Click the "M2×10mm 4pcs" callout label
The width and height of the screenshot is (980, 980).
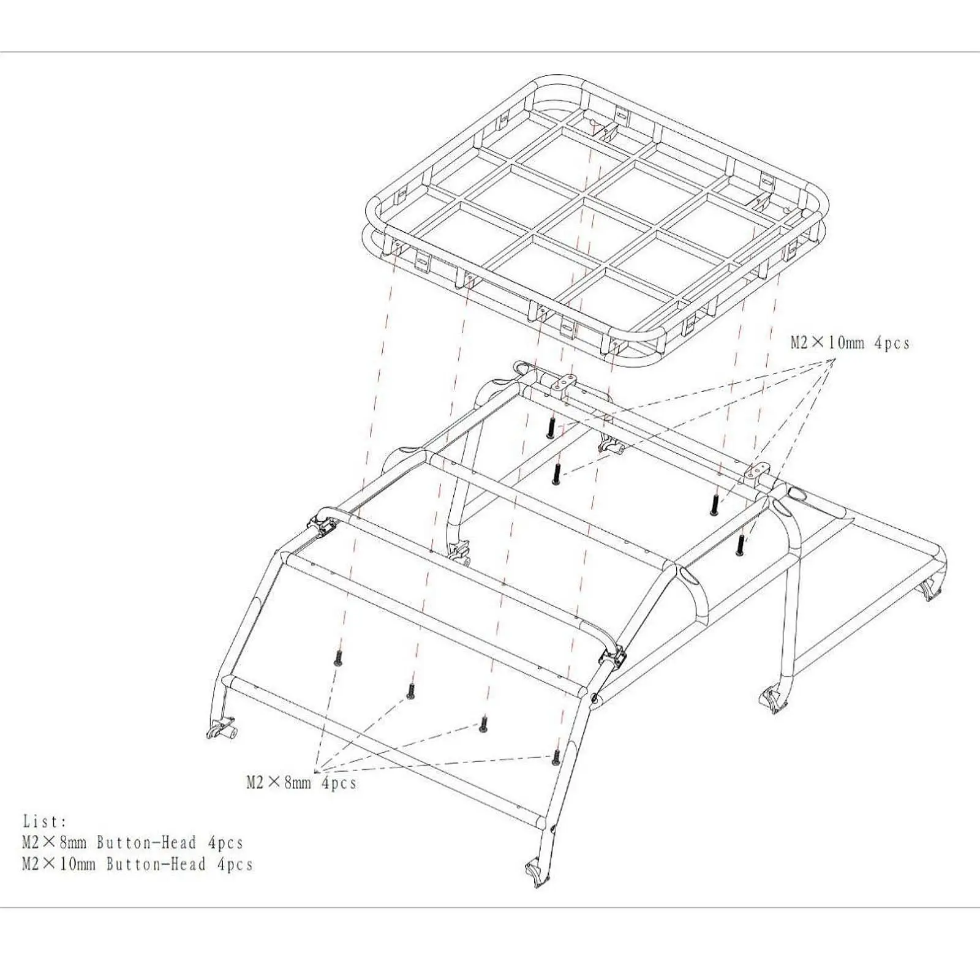tap(850, 343)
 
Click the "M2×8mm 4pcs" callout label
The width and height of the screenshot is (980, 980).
tap(301, 783)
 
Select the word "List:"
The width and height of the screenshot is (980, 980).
tap(45, 821)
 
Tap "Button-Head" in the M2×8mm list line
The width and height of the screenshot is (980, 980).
tap(146, 843)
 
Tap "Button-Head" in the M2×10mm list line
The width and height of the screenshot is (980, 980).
tap(156, 864)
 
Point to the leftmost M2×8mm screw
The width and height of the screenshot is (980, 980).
tap(337, 658)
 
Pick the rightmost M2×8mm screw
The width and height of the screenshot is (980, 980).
tap(556, 757)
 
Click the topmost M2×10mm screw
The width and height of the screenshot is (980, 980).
tap(551, 428)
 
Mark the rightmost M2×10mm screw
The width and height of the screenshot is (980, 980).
tap(741, 545)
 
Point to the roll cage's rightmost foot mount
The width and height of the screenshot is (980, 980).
tap(933, 589)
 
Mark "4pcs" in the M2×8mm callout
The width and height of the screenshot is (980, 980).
tap(339, 783)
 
